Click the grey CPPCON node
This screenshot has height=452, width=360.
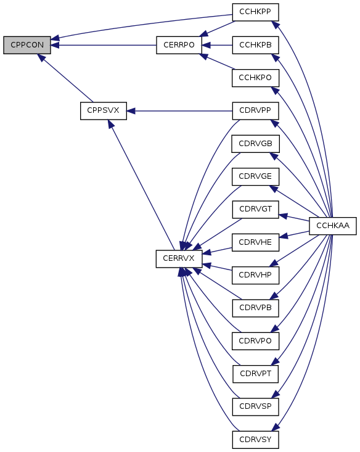27,45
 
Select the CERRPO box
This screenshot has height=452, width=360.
179,45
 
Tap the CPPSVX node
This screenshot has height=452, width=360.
103,111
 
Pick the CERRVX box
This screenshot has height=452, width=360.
179,258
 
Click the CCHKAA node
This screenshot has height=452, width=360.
333,226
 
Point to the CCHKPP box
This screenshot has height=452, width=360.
255,12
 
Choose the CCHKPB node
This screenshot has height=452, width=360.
255,45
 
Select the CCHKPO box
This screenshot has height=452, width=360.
255,78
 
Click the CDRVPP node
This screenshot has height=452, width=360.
255,111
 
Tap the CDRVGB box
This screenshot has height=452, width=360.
255,144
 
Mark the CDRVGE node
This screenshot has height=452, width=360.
255,176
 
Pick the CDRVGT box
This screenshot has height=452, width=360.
255,209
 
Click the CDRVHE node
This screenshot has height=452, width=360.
255,242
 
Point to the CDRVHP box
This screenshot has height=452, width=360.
255,275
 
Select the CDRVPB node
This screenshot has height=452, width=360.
255,308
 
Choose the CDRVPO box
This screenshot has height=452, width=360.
255,341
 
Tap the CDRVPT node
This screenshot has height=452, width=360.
255,374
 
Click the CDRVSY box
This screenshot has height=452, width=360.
255,439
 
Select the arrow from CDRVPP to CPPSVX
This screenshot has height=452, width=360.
179,111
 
